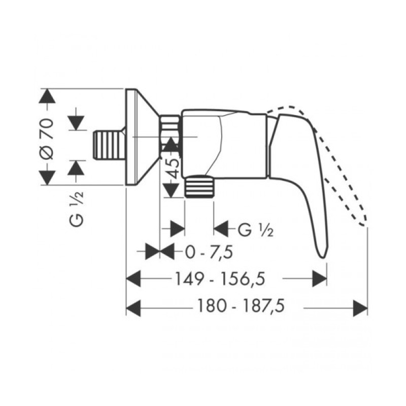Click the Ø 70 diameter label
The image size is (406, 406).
pyautogui.click(x=47, y=139)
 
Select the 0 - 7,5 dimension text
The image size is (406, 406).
pyautogui.click(x=209, y=252)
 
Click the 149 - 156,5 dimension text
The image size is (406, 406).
pyautogui.click(x=220, y=279)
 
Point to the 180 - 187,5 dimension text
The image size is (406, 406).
pyautogui.click(x=241, y=306)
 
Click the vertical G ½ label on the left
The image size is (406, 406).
pyautogui.click(x=77, y=209)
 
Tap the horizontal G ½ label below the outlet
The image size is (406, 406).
pyautogui.click(x=255, y=230)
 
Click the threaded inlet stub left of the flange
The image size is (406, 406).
pyautogui.click(x=108, y=145)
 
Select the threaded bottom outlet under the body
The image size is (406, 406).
pyautogui.click(x=199, y=186)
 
